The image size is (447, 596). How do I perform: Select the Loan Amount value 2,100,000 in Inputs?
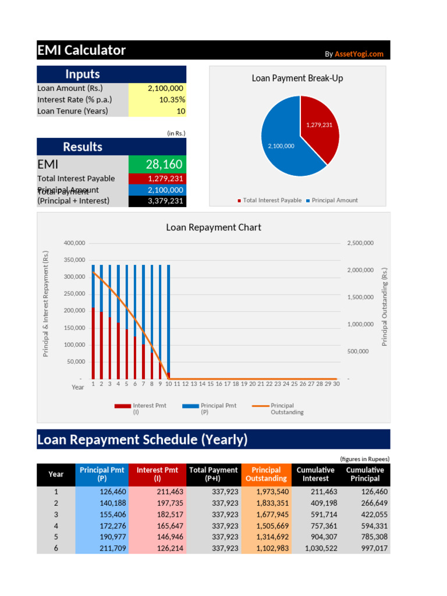tap(165, 88)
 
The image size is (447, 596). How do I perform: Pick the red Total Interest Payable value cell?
tap(165, 179)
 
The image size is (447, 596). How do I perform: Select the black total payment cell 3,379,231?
tap(165, 201)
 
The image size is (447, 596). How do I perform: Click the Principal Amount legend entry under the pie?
tap(334, 200)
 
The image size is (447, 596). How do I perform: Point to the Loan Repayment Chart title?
tap(214, 228)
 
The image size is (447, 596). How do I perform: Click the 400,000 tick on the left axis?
tap(74, 243)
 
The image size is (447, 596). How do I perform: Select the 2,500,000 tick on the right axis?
tap(360, 243)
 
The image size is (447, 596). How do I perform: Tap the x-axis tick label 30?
tap(336, 384)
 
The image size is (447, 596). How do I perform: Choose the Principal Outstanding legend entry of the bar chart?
tap(282, 409)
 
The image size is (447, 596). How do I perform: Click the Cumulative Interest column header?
tap(315, 474)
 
